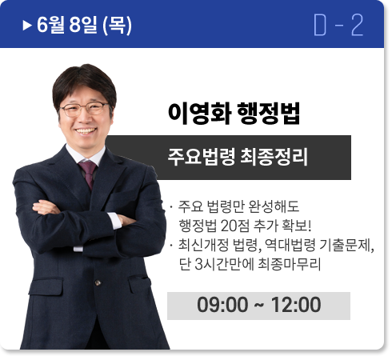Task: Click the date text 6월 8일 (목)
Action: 84,25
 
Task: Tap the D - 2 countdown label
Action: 338,25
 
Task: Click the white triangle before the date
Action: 27,26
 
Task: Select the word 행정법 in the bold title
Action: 268,113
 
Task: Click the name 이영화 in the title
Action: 199,113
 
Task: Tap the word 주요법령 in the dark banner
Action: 202,157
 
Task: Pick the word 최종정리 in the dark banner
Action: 274,157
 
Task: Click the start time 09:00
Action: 222,305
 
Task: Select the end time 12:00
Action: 296,305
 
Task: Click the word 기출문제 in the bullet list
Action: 346,245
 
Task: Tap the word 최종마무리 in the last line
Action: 290,264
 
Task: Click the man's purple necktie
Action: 88,174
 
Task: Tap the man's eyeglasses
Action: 85,109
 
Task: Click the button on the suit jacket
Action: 98,282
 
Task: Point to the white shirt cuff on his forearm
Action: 115,221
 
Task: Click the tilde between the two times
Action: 259,305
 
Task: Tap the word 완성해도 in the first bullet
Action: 274,206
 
